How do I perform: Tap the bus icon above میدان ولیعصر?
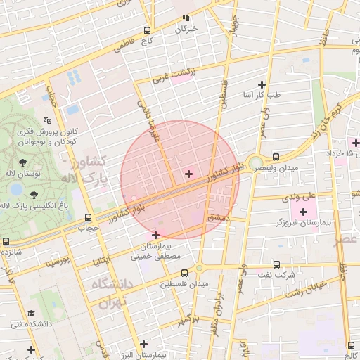275,157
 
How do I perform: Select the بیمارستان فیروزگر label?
303,223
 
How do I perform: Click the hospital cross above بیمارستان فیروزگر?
303,211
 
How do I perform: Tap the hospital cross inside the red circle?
188,173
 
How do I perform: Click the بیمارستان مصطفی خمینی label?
155,252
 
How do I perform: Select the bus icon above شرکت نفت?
276,265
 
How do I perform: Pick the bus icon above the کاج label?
147,30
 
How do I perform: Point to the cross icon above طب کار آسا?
262,83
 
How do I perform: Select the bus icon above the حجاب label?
88,217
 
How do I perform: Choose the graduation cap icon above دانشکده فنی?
31,313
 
